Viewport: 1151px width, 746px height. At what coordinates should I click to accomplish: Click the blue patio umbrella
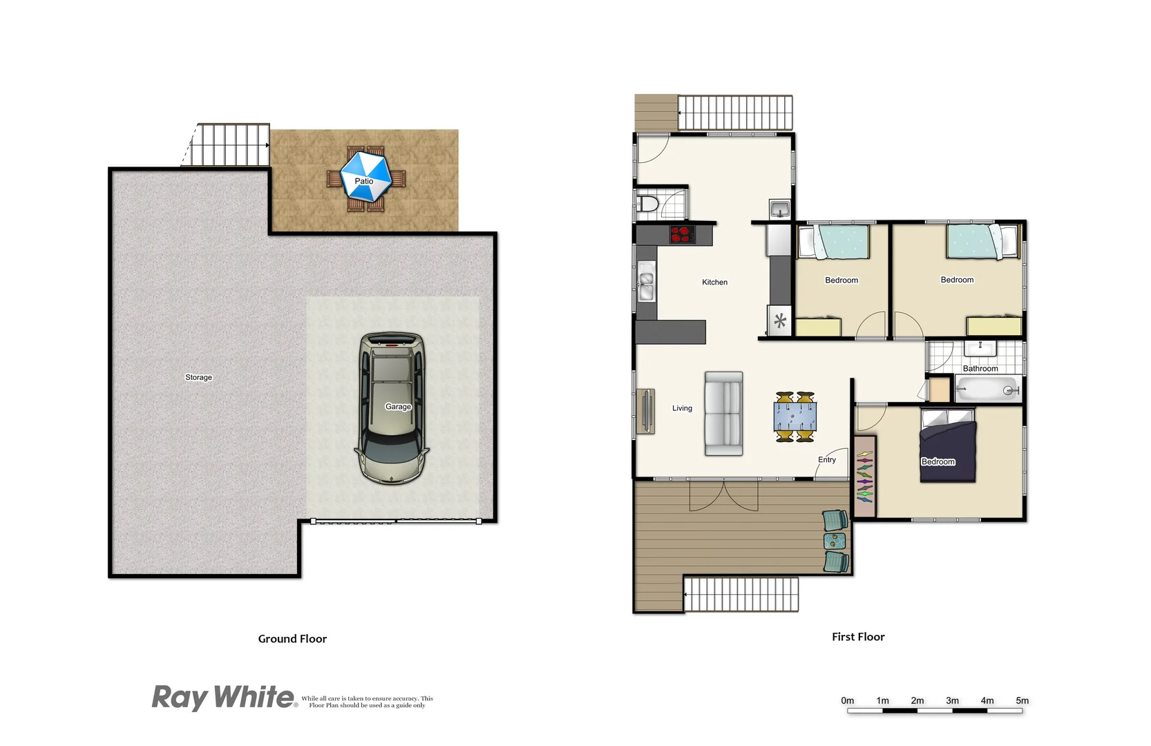click(x=366, y=177)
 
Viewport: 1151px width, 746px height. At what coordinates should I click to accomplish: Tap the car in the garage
click(x=392, y=408)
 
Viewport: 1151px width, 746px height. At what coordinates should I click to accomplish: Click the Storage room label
click(x=198, y=377)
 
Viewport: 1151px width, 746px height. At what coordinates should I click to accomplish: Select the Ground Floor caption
click(x=292, y=639)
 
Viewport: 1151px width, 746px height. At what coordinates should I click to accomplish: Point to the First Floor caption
click(x=858, y=637)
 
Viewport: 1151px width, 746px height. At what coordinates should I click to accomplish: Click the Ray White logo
click(x=223, y=698)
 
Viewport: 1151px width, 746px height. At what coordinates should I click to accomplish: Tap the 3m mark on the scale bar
click(x=952, y=701)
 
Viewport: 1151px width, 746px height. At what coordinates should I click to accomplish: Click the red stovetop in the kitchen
click(x=682, y=235)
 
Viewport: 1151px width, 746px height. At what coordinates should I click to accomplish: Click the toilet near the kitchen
click(x=648, y=204)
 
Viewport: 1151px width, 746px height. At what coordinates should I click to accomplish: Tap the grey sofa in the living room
click(x=723, y=414)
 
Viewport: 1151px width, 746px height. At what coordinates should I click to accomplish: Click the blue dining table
click(x=795, y=417)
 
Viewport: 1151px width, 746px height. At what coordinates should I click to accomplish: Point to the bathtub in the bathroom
click(x=988, y=390)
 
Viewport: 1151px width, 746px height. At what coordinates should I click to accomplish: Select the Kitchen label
click(x=714, y=282)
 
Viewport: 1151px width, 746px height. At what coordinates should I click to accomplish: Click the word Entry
click(x=826, y=459)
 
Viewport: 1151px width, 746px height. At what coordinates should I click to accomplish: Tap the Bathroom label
click(x=980, y=368)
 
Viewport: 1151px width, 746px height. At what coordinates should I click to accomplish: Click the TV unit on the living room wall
click(x=646, y=412)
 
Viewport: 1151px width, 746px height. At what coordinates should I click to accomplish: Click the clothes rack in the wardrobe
click(x=865, y=476)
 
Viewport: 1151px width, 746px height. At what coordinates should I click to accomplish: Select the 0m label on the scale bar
click(x=847, y=700)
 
